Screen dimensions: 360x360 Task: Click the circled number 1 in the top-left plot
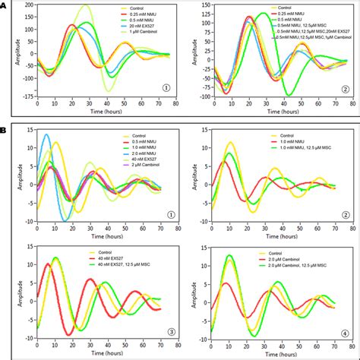click(166, 88)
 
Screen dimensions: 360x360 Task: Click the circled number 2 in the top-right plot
click(344, 88)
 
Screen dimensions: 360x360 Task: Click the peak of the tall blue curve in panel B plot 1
click(46, 135)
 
